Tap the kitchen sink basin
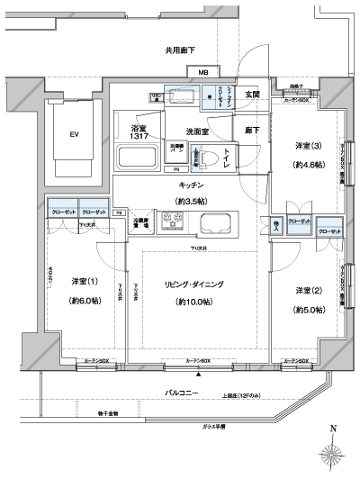tap(216, 222)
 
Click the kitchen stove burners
tap(170, 221)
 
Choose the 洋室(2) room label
tap(307, 290)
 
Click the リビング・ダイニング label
tap(193, 284)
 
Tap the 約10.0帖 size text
tap(193, 301)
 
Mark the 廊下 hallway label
tap(253, 131)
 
